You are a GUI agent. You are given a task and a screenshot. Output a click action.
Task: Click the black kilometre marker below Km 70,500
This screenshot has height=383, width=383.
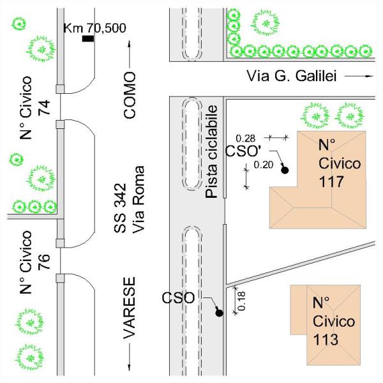coord(88,39)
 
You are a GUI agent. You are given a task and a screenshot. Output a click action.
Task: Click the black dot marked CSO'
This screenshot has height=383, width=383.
coord(285,170)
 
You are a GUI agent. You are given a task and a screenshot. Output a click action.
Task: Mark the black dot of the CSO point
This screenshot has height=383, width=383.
coord(218,313)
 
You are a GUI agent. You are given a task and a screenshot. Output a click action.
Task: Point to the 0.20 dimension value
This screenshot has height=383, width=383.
coord(262,165)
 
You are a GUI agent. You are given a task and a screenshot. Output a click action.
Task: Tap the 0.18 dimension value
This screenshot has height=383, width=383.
coord(241,296)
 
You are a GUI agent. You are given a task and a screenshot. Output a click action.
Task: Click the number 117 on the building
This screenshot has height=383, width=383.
coord(331,182)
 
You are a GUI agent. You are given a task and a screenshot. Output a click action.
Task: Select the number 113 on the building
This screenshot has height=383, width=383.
coord(326,338)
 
